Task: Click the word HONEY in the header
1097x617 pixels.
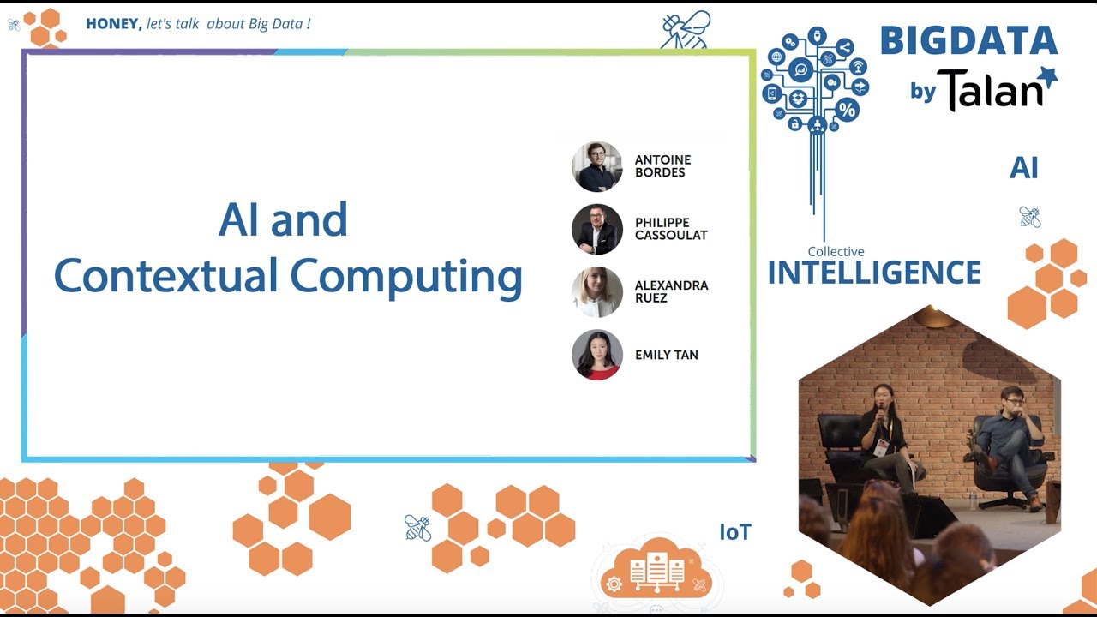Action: point(114,23)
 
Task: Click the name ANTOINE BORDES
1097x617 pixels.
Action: point(663,166)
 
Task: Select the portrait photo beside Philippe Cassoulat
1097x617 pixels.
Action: point(597,229)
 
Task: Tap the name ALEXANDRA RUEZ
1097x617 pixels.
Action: point(671,291)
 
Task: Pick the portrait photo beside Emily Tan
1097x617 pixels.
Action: point(597,355)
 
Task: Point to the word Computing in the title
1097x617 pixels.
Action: point(406,277)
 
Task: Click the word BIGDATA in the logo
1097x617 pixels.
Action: point(969,40)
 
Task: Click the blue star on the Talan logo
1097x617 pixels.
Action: point(1049,77)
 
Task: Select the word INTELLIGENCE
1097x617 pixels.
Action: point(875,273)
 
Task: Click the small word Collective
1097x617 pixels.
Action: point(836,251)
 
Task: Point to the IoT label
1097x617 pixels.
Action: point(735,532)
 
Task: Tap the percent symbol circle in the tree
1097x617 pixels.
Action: point(848,109)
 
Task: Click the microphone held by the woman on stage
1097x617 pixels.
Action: point(881,413)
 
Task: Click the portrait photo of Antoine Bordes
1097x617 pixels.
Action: point(597,166)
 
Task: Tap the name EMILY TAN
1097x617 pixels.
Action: point(667,355)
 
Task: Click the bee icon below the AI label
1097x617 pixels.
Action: point(1030,217)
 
